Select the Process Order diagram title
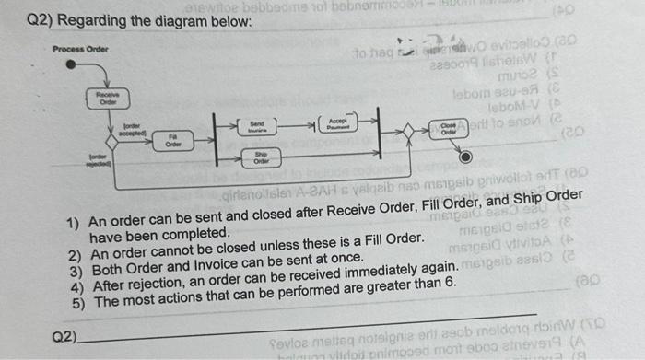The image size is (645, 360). click(80, 48)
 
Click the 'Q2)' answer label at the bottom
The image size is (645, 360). click(64, 337)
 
